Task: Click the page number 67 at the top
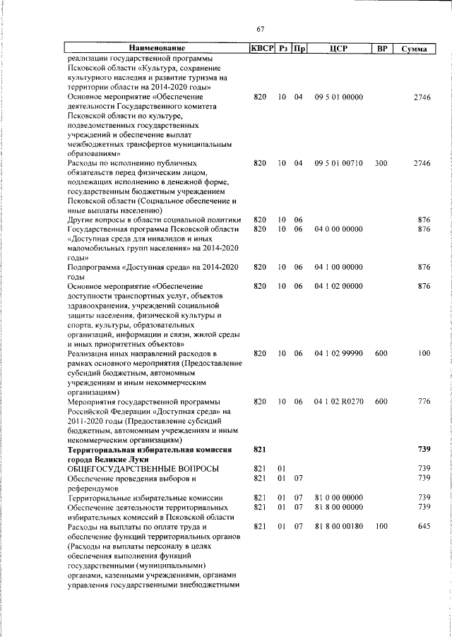[x=260, y=29]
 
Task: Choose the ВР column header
[x=381, y=49]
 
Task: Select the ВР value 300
[x=381, y=163]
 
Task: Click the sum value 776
[x=423, y=401]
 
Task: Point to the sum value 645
[x=423, y=527]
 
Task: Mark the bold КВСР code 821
[x=259, y=450]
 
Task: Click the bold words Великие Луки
[x=125, y=459]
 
